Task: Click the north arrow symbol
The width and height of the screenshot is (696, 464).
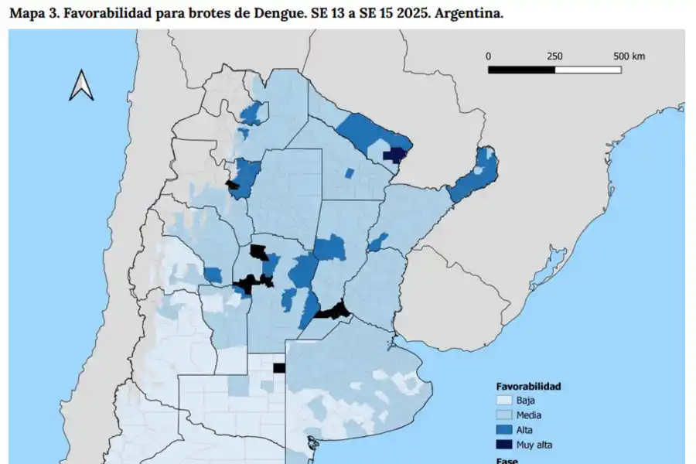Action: point(81,85)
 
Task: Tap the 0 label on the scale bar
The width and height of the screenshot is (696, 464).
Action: point(488,56)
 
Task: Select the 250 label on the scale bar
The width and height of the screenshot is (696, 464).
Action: point(554,56)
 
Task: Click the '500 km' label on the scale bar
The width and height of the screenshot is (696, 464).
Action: point(629,56)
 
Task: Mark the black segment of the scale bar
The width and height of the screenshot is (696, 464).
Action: point(521,70)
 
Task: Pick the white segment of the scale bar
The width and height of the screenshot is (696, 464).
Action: point(589,70)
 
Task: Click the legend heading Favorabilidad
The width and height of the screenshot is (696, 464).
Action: point(528,386)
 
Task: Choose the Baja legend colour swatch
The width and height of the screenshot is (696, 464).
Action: point(503,401)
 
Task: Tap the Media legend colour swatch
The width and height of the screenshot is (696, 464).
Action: point(503,415)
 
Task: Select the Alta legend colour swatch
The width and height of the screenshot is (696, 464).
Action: point(503,430)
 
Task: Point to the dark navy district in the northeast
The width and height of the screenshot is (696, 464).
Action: point(394,155)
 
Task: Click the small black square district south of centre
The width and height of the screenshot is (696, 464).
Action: point(279,368)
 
